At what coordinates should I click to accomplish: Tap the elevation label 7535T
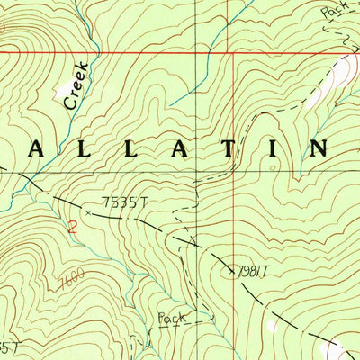(x=121, y=205)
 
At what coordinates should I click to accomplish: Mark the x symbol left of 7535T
(x=88, y=212)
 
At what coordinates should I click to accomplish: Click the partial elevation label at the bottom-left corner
(x=7, y=347)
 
